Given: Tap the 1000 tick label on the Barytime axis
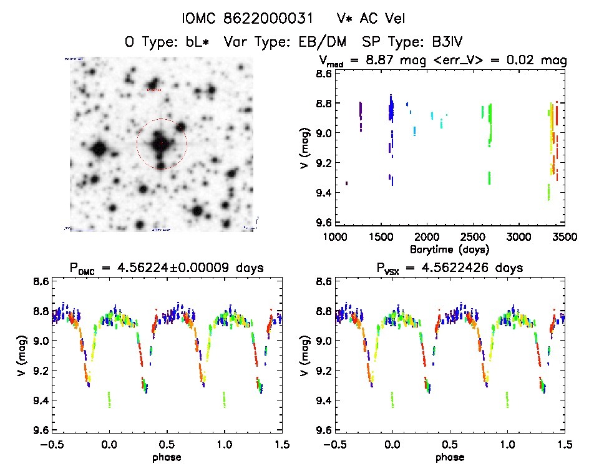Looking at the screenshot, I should click(335, 238).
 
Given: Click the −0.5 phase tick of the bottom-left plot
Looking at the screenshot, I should click(51, 445).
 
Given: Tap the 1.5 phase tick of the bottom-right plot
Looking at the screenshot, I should click(564, 445).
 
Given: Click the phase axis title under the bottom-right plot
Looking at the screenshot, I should click(450, 457).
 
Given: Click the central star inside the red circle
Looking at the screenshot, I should click(161, 143).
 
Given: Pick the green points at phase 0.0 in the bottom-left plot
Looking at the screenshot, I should click(109, 399).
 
